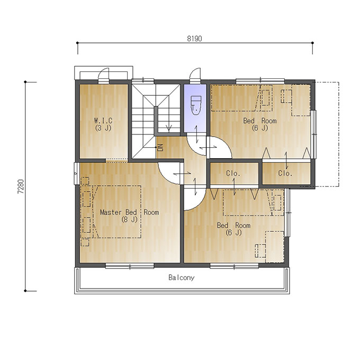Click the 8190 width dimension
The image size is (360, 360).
pos(194,39)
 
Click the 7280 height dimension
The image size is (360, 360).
pos(21,186)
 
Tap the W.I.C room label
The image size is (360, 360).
pos(103,120)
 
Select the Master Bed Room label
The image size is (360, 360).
pos(130,212)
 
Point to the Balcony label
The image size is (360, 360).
pos(182,277)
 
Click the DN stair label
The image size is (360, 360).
pos(160,147)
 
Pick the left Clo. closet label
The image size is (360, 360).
pos(233,173)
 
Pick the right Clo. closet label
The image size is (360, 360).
pos(285,173)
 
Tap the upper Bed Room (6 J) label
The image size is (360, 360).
pos(260,124)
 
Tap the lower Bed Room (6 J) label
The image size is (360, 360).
pos(233,229)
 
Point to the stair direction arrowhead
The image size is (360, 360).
pos(169,128)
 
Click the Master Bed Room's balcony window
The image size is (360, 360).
pos(130,266)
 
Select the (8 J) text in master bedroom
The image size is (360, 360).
pos(130,220)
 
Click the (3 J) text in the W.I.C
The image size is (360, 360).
pos(103,128)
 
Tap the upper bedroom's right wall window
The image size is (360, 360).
pos(314,134)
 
